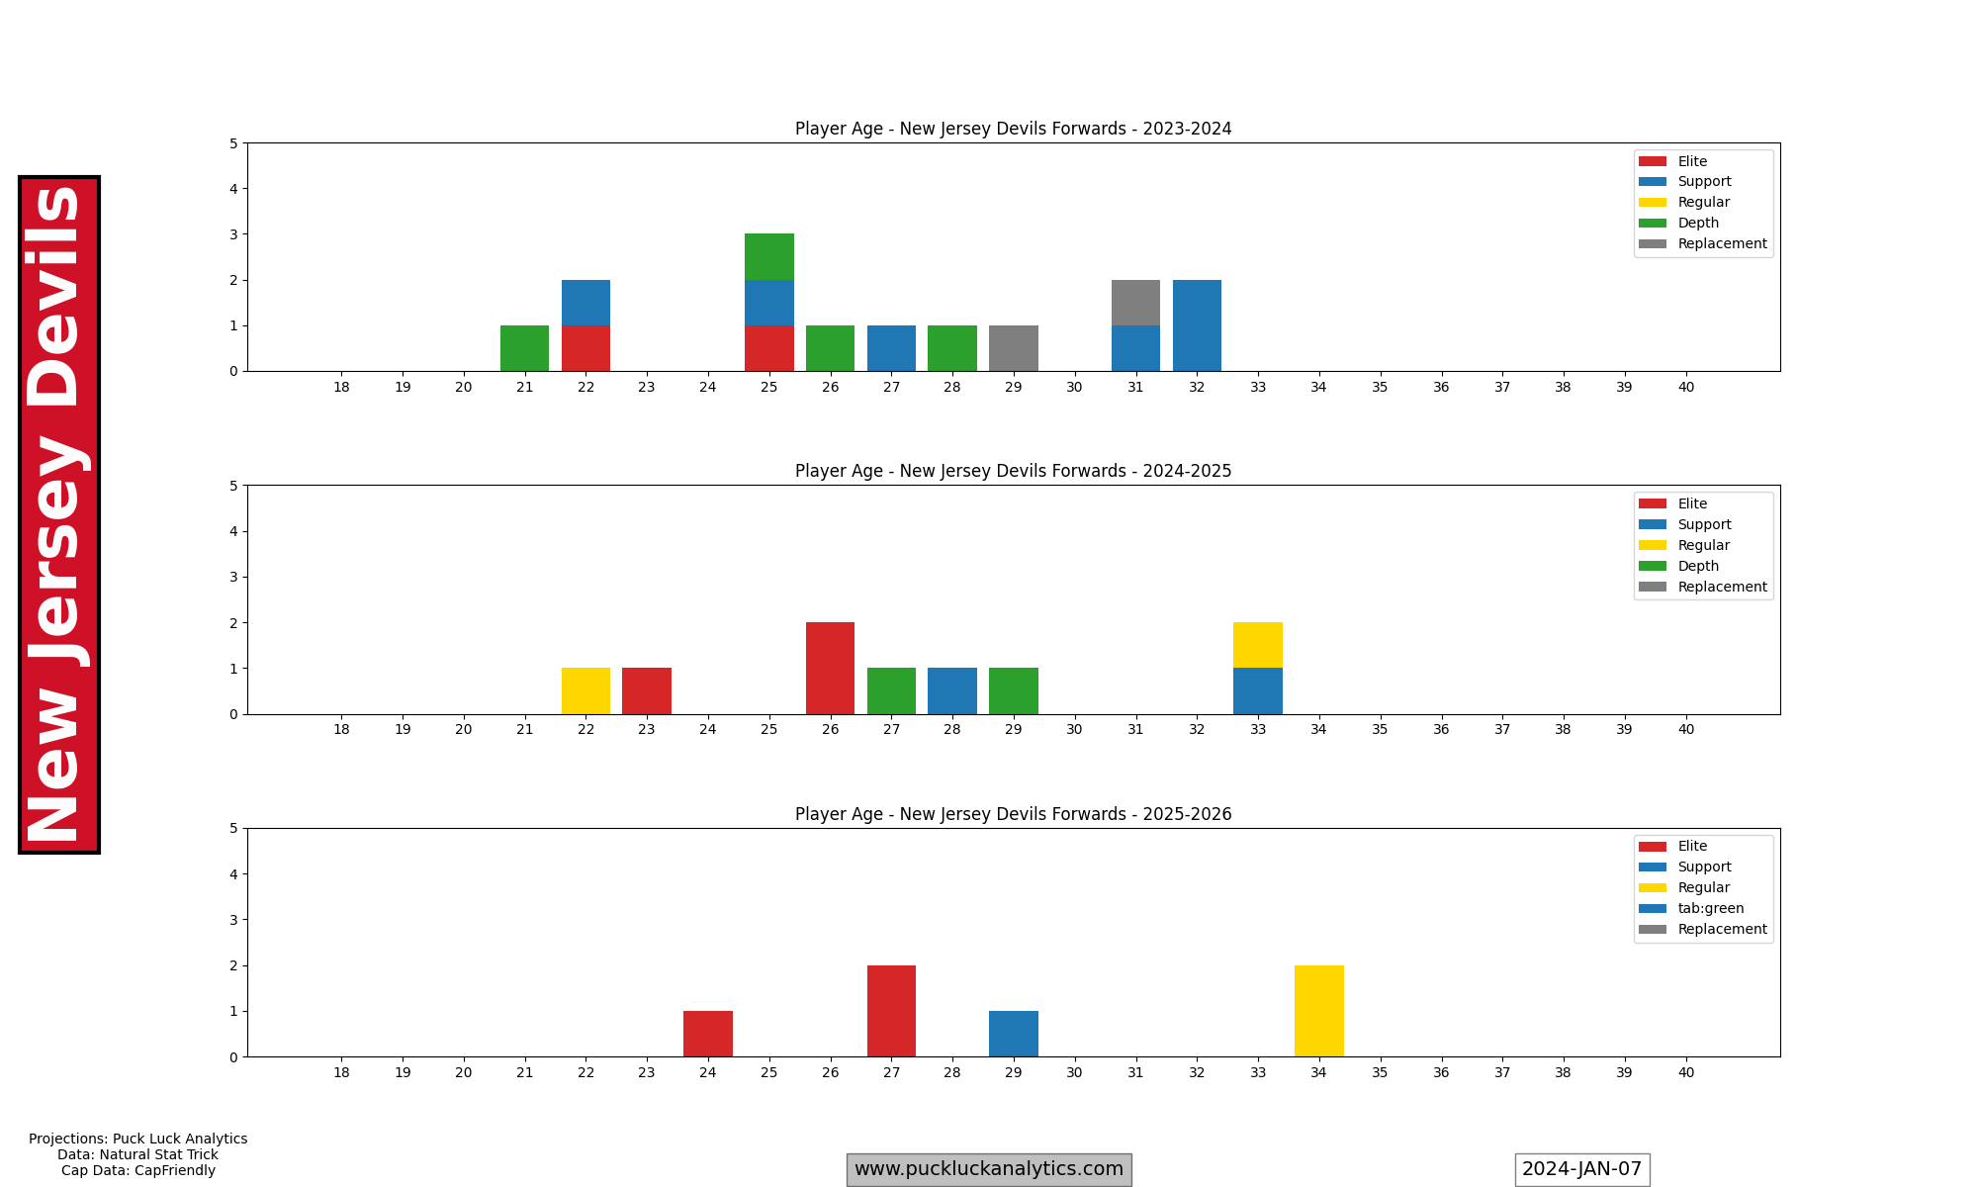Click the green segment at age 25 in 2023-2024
coord(768,257)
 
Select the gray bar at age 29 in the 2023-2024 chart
coord(1013,348)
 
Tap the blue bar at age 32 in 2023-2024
coord(1197,325)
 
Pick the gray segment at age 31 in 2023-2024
coord(1135,303)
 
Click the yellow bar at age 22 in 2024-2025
coord(585,690)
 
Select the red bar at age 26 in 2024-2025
coord(830,668)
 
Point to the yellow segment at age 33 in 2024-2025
coord(1257,645)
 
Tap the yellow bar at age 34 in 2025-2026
coord(1318,1011)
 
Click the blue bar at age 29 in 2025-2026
coord(1013,1034)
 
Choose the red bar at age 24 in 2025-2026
coord(708,1034)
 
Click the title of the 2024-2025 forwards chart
coord(1013,471)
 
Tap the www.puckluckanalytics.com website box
coord(988,1169)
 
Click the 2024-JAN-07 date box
coord(1581,1169)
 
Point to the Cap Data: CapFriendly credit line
coord(137,1170)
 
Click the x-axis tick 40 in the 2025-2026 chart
coord(1685,1072)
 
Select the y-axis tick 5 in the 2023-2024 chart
coord(233,143)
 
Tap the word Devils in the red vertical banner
coord(57,297)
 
